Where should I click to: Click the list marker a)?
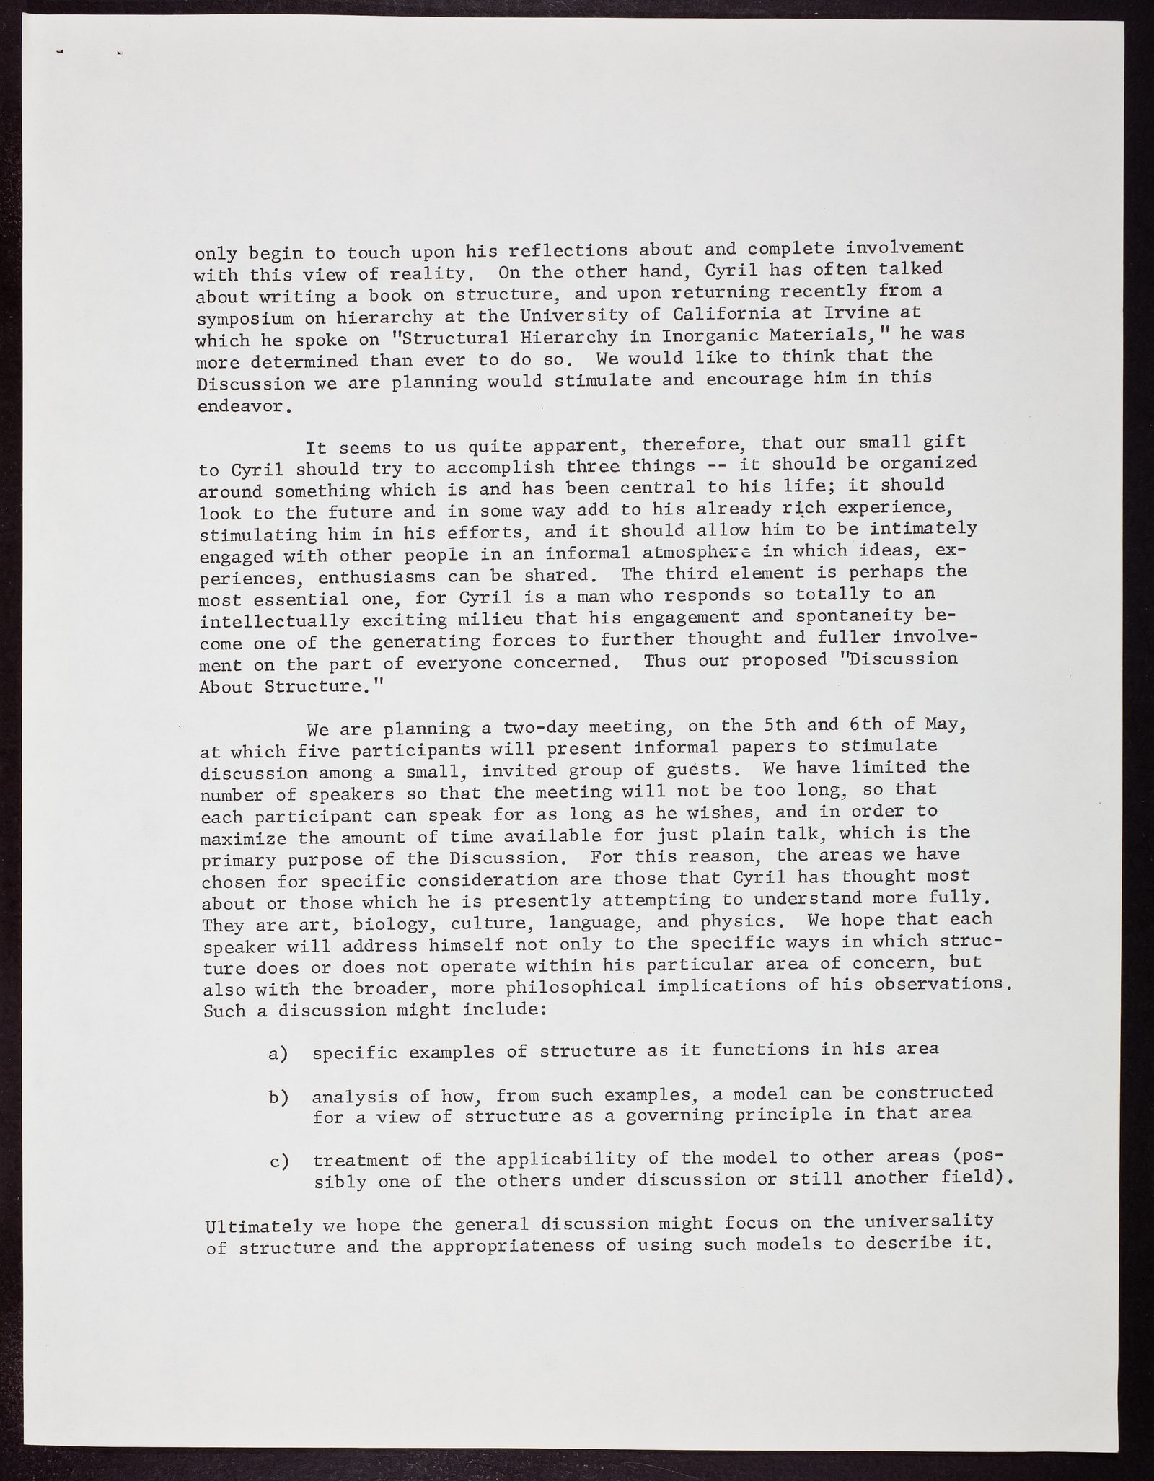point(278,1054)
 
